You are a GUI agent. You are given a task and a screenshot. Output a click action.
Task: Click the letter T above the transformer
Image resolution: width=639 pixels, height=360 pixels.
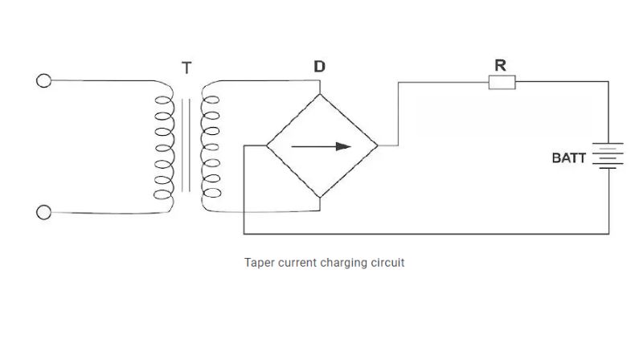click(186, 68)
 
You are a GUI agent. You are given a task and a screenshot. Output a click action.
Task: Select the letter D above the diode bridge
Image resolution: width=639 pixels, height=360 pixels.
click(319, 67)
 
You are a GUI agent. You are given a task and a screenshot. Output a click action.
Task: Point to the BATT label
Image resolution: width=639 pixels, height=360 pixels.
click(568, 158)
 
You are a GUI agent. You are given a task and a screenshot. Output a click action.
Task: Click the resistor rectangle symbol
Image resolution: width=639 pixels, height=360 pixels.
click(502, 81)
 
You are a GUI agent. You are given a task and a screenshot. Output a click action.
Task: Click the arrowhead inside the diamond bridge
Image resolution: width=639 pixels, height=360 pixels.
click(344, 146)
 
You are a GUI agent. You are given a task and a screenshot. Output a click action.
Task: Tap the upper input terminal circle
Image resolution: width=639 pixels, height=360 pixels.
click(44, 80)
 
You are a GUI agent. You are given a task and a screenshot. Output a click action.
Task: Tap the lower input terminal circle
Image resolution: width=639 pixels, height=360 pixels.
click(44, 212)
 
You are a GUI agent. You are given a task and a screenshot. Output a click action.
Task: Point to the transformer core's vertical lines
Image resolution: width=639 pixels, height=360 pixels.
click(186, 146)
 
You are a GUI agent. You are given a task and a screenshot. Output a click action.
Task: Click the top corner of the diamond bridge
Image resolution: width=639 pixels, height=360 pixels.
click(320, 94)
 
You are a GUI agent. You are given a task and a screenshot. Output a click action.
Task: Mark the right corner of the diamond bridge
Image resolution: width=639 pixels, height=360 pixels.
click(377, 145)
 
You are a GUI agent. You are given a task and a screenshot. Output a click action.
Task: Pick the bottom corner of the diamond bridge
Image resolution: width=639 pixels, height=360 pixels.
click(320, 198)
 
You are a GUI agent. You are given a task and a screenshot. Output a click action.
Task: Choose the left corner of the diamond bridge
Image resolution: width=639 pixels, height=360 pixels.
click(265, 145)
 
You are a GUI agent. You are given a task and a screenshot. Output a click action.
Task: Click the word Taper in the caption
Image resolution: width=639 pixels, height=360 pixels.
click(259, 263)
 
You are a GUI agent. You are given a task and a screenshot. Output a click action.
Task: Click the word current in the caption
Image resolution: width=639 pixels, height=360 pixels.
click(297, 263)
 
